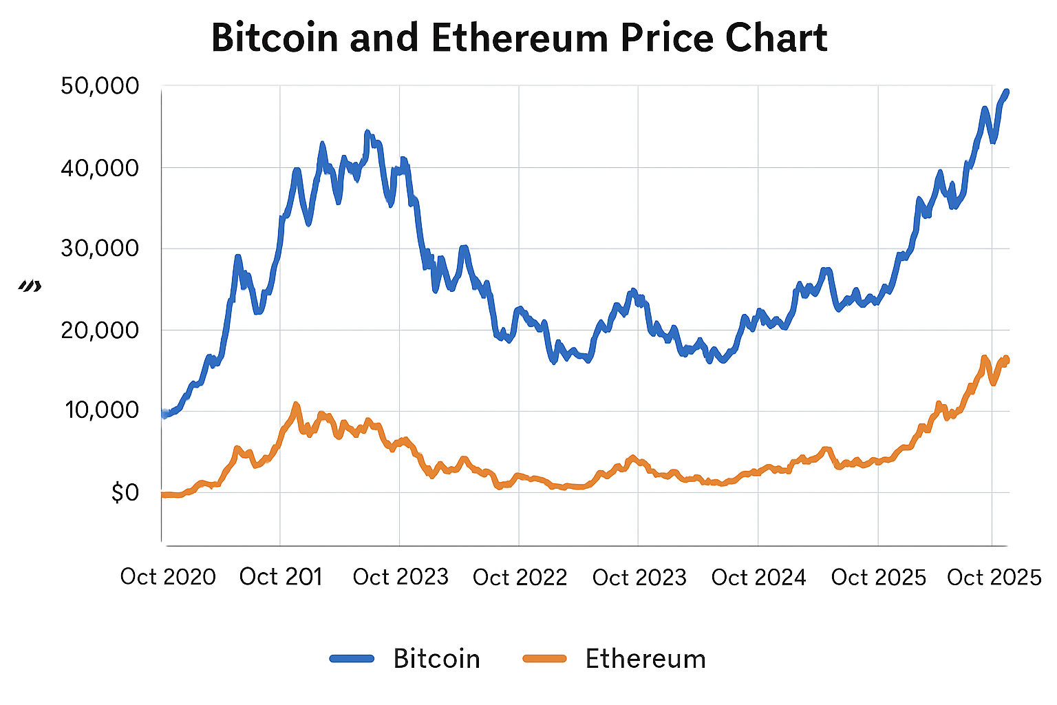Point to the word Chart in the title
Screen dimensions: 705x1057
(767, 38)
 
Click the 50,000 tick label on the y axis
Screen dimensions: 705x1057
(100, 86)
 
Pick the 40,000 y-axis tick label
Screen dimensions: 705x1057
(100, 167)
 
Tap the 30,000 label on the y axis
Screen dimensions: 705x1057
(100, 249)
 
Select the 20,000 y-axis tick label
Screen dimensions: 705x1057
(100, 330)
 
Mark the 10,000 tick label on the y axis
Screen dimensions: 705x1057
(102, 411)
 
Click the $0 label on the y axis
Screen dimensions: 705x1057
(125, 492)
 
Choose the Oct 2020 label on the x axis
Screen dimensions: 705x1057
(168, 577)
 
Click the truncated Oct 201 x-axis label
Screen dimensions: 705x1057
(281, 577)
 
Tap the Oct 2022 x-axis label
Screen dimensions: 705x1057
(520, 577)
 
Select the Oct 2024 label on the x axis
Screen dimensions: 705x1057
(758, 577)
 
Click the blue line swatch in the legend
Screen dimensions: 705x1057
(352, 659)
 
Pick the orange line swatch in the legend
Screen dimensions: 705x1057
(544, 659)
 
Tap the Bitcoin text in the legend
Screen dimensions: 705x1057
(436, 659)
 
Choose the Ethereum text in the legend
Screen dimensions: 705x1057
(645, 659)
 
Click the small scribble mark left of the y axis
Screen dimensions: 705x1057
(30, 286)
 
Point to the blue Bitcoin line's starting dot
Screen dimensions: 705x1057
(164, 414)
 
